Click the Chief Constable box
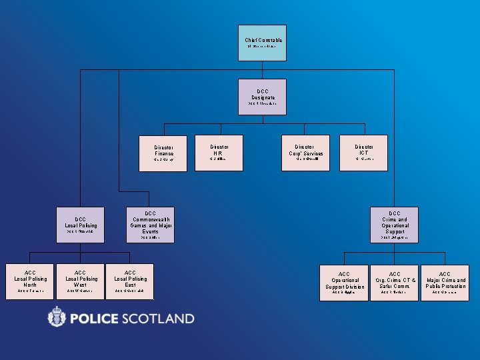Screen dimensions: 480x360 coord(263,43)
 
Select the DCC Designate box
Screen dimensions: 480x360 coord(263,97)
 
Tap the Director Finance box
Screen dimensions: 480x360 coord(163,153)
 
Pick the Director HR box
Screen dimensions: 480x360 coord(219,152)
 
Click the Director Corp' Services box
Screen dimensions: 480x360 coord(305,153)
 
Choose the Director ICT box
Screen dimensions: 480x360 coord(364,152)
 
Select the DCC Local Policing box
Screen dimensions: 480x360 coord(81,225)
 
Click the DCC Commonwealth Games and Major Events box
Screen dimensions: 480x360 coord(150,225)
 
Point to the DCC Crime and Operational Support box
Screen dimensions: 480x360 coord(395,225)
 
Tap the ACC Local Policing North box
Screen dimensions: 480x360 coord(30,281)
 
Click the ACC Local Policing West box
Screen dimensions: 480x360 coord(80,281)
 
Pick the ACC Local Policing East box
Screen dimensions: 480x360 coord(130,281)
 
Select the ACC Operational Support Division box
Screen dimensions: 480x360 coord(344,283)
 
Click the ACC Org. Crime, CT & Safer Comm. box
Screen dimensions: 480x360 coord(395,283)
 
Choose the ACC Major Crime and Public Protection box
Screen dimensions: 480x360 coord(445,283)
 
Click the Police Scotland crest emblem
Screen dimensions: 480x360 coord(57,317)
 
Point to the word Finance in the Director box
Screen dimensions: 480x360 coord(164,154)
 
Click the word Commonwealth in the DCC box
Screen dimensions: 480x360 coord(151,219)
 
